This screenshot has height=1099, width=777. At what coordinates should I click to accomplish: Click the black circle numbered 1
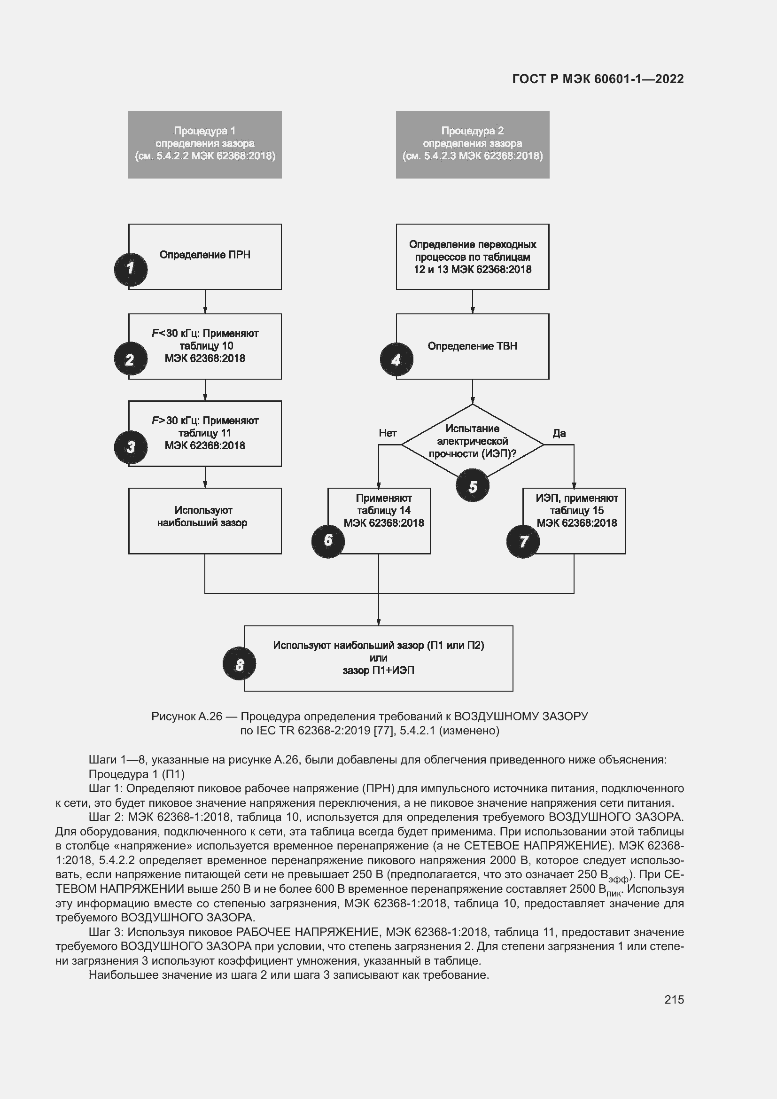point(131,270)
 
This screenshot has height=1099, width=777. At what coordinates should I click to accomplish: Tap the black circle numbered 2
point(131,359)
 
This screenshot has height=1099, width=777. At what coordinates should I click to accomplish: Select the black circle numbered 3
point(131,447)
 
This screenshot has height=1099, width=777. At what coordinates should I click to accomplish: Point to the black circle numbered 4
point(396,359)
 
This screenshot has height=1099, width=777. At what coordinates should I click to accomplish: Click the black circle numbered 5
point(472,486)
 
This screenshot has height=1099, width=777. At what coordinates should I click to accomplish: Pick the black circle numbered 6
point(328,540)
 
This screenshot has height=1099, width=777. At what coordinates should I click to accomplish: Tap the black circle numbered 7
point(523,541)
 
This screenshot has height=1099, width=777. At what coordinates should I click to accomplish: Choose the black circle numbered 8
point(239,664)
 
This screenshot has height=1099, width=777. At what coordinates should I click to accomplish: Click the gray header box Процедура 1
point(205,144)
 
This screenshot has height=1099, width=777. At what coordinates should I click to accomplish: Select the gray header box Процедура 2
point(472,144)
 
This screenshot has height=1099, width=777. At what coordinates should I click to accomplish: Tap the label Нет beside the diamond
point(388,433)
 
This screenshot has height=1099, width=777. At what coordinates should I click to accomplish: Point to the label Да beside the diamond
point(559,433)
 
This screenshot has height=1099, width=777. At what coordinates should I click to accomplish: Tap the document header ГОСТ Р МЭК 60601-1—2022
point(598,79)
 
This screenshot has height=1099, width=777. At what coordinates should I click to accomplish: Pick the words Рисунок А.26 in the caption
point(186,717)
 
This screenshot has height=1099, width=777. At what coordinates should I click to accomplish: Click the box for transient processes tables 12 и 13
point(472,257)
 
